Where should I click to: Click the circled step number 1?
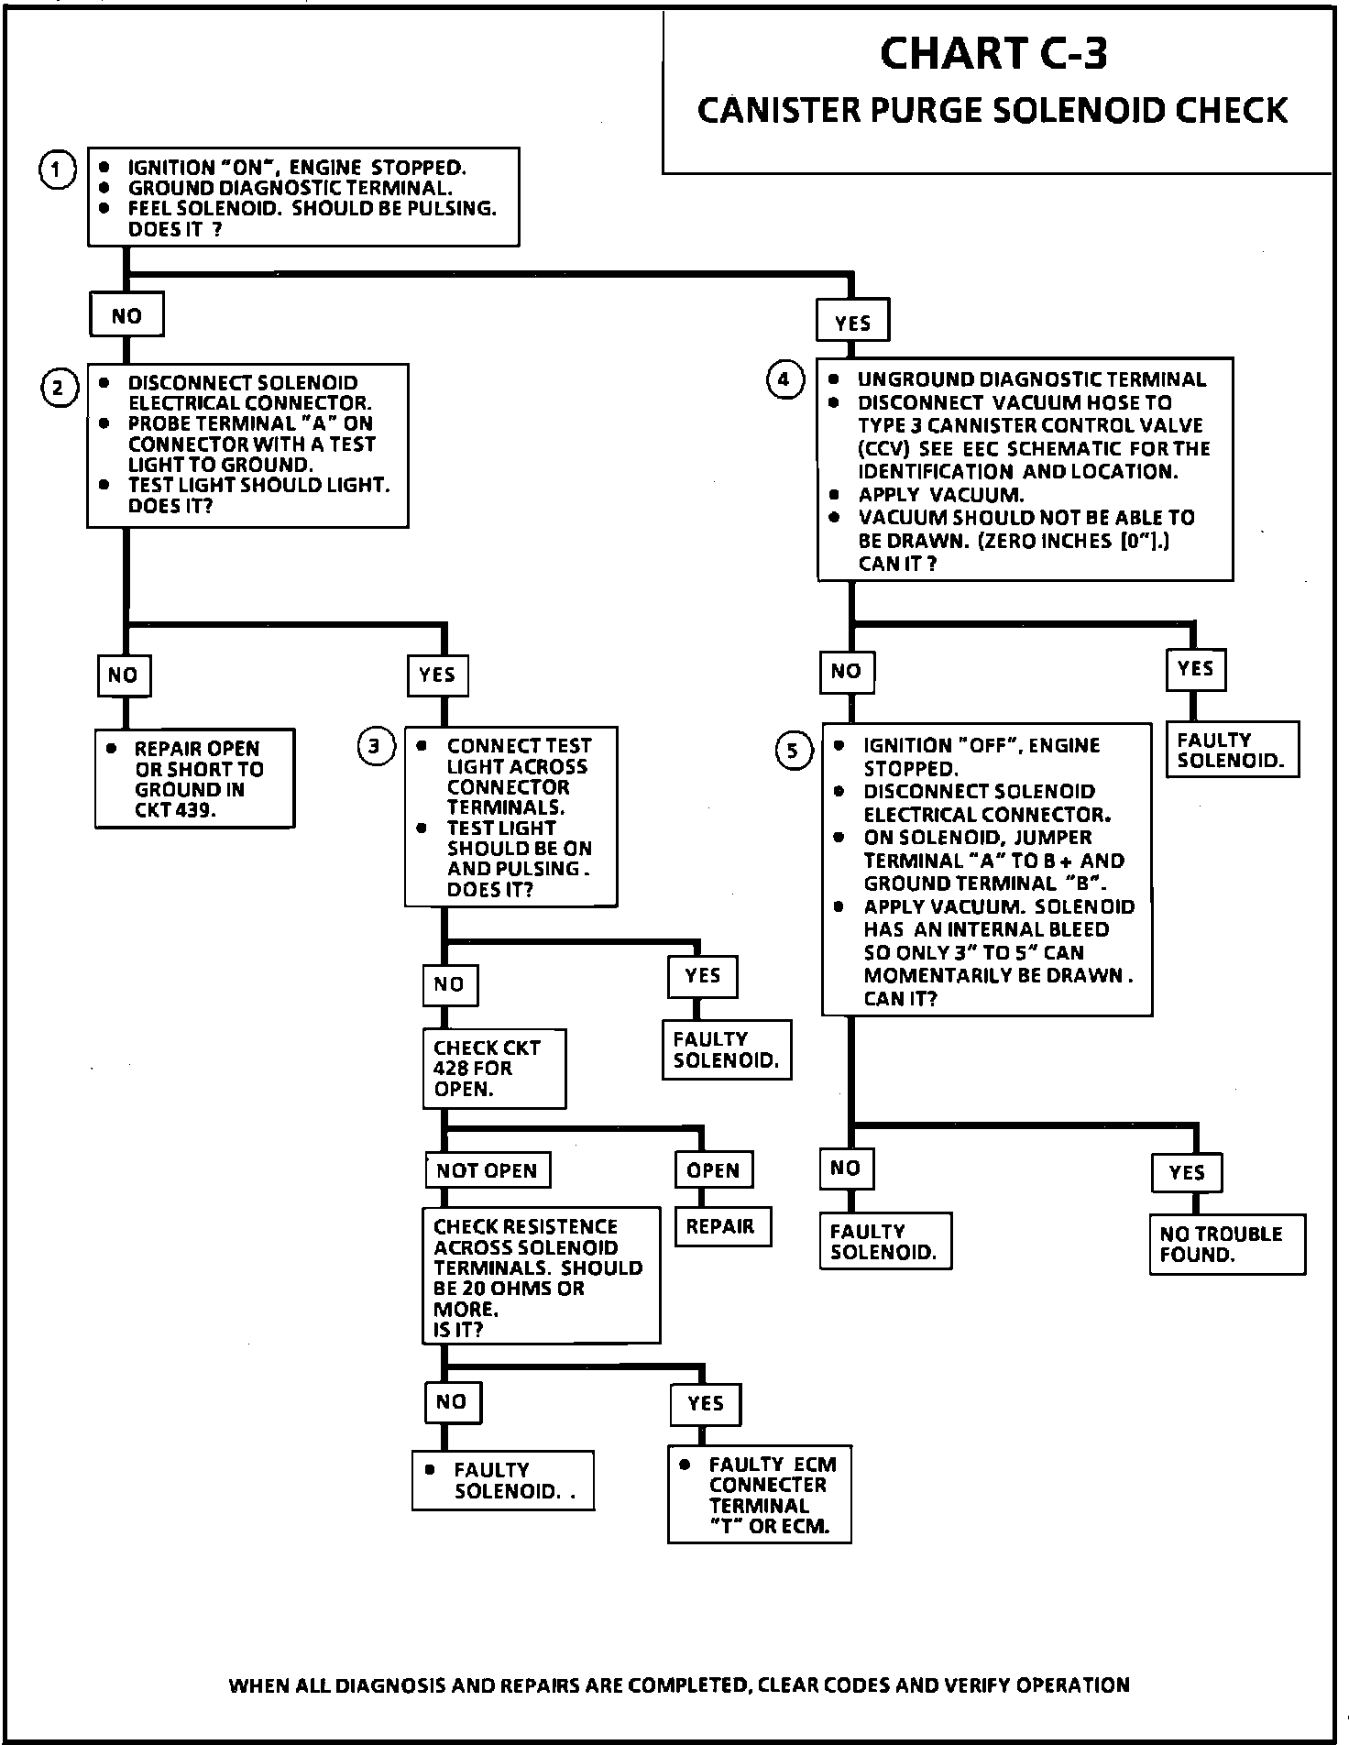[x=57, y=170]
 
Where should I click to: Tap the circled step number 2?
[x=57, y=389]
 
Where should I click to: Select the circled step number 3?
[x=374, y=747]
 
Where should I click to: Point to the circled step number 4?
[x=784, y=379]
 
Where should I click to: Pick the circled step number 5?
[x=793, y=752]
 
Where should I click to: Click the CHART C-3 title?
[x=993, y=54]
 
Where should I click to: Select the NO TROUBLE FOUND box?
[x=1226, y=1245]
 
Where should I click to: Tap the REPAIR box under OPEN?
[x=722, y=1226]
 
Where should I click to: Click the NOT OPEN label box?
[x=488, y=1170]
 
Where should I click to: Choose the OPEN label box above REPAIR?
[x=714, y=1170]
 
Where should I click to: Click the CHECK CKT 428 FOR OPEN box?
[x=494, y=1069]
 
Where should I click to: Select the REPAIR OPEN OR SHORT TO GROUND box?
[x=194, y=779]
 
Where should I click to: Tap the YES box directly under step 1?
[x=852, y=323]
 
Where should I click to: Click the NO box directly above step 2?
[x=126, y=316]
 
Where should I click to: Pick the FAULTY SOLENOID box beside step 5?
[x=1232, y=750]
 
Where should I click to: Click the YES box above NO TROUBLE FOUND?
[x=1187, y=1172]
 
